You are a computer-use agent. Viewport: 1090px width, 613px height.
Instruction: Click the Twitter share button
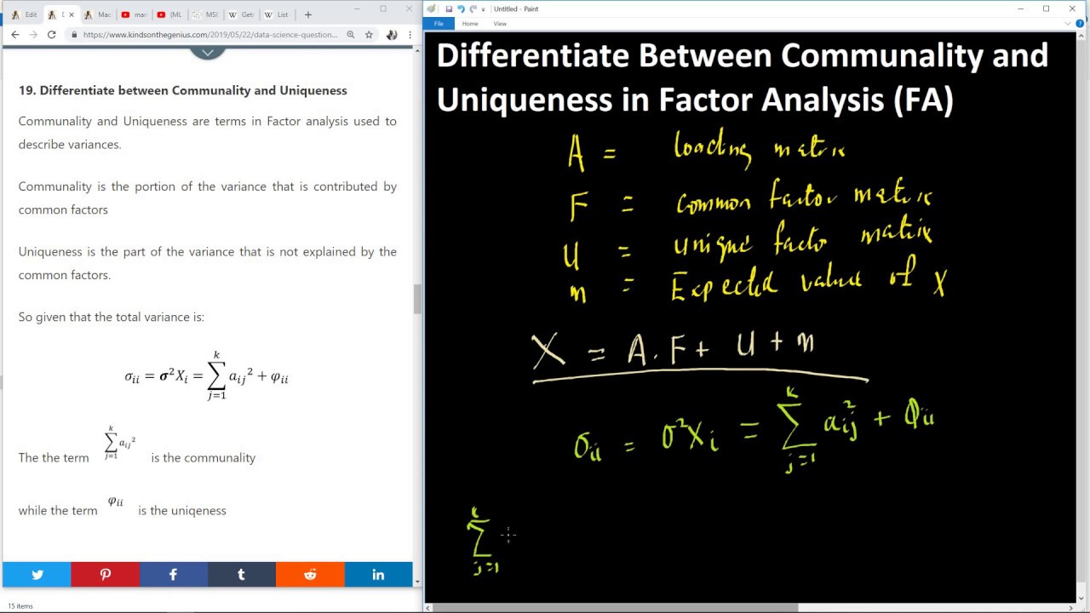tap(37, 575)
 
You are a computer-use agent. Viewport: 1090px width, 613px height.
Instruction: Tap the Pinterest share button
tap(106, 575)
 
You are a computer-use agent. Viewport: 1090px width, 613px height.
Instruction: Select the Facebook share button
tap(173, 575)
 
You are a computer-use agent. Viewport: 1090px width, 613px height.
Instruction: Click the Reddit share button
tap(310, 575)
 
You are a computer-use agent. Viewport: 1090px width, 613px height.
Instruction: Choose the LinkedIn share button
tap(378, 575)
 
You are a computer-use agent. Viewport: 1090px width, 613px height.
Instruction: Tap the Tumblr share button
tap(241, 575)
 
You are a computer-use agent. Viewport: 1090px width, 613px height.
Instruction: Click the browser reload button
tap(52, 35)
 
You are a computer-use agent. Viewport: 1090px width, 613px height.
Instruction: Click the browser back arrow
tap(14, 35)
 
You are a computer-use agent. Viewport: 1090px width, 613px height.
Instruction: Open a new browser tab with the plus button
tap(308, 14)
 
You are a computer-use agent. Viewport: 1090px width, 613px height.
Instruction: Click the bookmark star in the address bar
tap(369, 35)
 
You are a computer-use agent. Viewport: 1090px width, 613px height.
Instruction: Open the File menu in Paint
tap(439, 24)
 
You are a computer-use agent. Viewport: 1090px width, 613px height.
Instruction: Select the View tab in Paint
tap(500, 24)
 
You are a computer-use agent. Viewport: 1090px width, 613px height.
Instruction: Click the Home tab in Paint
tap(470, 24)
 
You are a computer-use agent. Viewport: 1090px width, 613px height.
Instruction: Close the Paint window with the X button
tap(1071, 9)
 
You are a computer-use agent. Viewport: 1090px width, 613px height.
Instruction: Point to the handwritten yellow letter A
tap(577, 154)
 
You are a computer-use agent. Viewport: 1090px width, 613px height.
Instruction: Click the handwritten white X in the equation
tap(548, 350)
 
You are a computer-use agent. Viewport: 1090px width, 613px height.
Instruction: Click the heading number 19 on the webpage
tap(26, 90)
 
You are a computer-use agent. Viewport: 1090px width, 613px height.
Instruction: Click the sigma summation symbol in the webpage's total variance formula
tap(216, 376)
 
